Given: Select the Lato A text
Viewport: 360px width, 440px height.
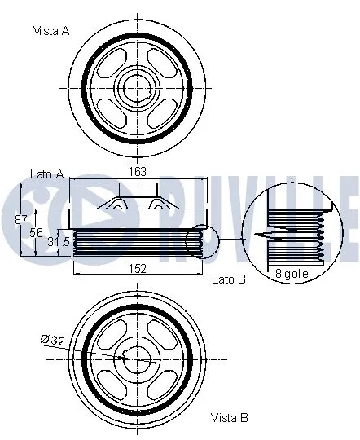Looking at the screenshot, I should (46, 174).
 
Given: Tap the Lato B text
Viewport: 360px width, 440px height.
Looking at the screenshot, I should (227, 279).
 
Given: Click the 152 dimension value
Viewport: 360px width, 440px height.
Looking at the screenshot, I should (138, 267).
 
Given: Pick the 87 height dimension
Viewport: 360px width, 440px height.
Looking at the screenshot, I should (22, 218).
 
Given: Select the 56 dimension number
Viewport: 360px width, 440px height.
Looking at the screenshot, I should (36, 232).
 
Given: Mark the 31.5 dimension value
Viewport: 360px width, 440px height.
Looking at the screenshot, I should (59, 241).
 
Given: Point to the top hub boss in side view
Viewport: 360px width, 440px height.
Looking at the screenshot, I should (136, 191).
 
